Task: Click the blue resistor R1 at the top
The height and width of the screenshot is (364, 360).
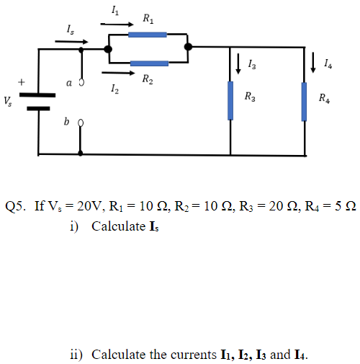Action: click(x=148, y=34)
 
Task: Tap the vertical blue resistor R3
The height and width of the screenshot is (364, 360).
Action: click(x=231, y=100)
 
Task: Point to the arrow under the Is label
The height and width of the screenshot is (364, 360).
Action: click(x=68, y=41)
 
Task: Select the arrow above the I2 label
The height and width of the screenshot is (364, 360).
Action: click(x=114, y=72)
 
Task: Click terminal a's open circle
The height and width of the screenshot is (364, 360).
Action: click(x=81, y=83)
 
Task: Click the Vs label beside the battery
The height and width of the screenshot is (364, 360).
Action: click(x=8, y=100)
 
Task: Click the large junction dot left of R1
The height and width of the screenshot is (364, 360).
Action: click(x=107, y=49)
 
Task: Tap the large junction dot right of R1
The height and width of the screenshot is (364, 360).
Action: click(x=188, y=48)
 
